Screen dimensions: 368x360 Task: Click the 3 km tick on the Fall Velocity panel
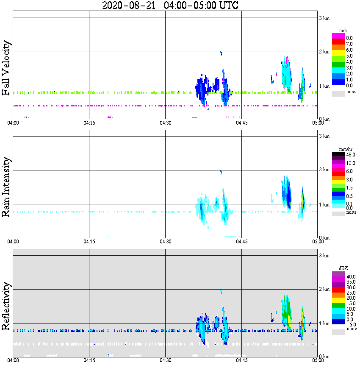pos(324,18)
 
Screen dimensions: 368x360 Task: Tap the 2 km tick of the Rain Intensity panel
pos(324,170)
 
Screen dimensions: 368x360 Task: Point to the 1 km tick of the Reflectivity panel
pos(324,324)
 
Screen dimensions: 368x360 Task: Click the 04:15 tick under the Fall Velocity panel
pos(89,123)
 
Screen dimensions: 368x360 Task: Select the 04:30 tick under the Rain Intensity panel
pos(166,242)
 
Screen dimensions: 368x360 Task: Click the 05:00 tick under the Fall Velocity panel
pos(318,123)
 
